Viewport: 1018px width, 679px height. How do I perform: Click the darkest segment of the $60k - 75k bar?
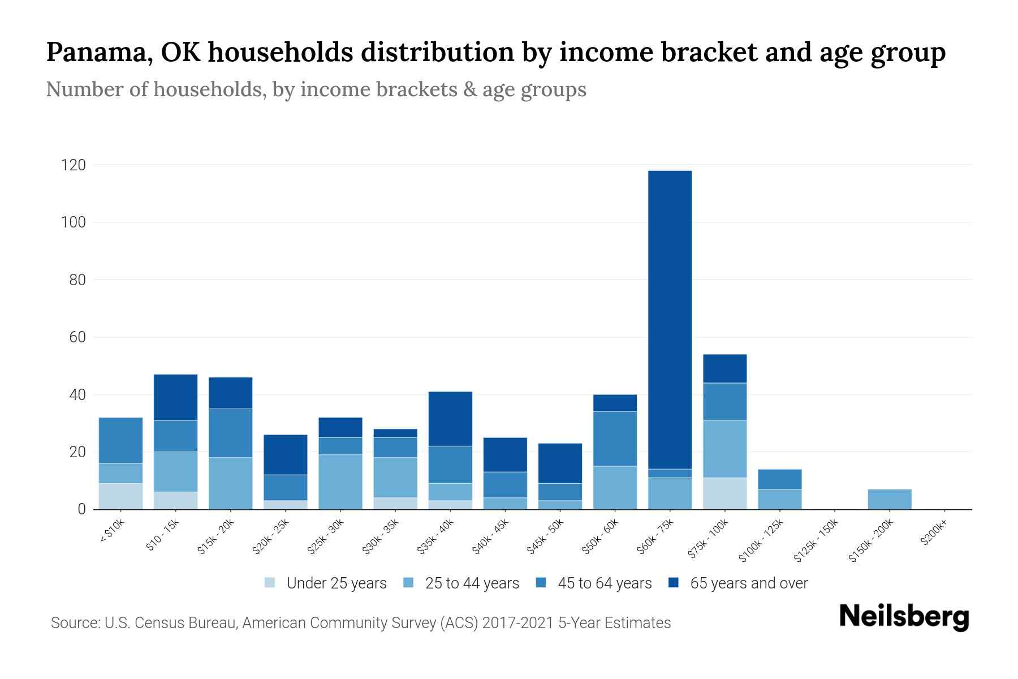670,320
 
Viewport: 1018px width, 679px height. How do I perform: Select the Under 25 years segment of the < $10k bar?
120,496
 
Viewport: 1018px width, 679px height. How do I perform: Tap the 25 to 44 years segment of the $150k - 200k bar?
889,499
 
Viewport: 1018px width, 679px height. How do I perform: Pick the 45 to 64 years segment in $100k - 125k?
779,479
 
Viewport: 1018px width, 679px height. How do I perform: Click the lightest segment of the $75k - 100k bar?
724,493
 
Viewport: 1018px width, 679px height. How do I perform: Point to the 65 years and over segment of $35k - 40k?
450,419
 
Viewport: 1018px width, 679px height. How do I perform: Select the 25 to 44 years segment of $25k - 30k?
340,482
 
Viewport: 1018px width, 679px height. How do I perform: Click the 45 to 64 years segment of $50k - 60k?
615,439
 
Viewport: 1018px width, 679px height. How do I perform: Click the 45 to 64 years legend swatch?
541,583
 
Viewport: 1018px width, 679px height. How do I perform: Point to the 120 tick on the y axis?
74,165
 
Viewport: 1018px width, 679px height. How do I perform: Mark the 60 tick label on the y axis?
77,337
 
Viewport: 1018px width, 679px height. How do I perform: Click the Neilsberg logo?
904,617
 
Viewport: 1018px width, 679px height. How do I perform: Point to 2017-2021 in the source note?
518,623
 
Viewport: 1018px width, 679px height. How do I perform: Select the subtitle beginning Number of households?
316,89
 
